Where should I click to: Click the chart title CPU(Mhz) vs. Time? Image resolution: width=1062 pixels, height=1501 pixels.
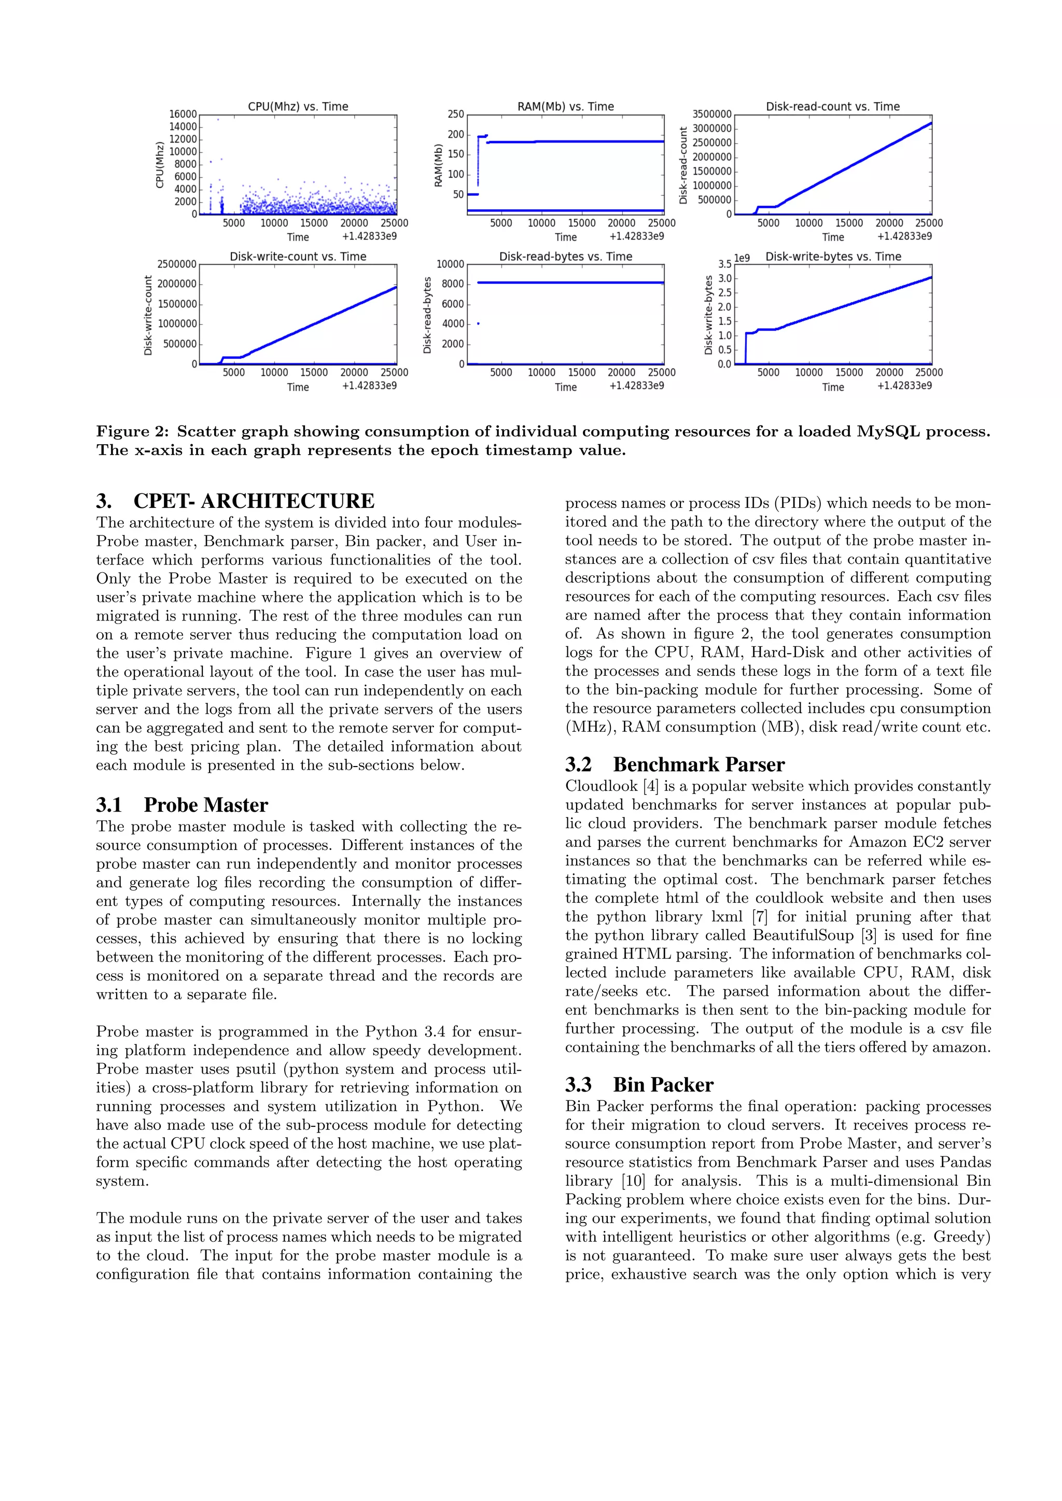pos(298,107)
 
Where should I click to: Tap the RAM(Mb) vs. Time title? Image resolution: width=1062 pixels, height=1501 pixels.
pos(565,107)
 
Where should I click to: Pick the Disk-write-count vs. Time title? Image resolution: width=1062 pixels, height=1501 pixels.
pos(298,256)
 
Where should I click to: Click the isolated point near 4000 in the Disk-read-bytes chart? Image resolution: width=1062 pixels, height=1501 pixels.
pos(479,323)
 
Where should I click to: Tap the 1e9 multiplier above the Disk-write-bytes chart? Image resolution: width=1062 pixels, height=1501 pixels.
pos(742,258)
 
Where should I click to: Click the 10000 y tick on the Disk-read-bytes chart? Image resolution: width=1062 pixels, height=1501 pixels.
pos(450,264)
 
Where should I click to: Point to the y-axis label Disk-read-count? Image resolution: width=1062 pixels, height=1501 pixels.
pos(683,165)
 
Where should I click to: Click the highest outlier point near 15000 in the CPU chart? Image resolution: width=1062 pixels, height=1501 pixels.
pos(218,120)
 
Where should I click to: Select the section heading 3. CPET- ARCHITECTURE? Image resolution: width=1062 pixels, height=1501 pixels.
pos(235,501)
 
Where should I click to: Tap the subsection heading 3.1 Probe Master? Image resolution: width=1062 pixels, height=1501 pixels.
pos(182,805)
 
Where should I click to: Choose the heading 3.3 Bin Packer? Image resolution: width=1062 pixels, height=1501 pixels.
pos(639,1085)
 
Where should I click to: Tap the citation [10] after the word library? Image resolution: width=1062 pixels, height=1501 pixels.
pos(633,1181)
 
